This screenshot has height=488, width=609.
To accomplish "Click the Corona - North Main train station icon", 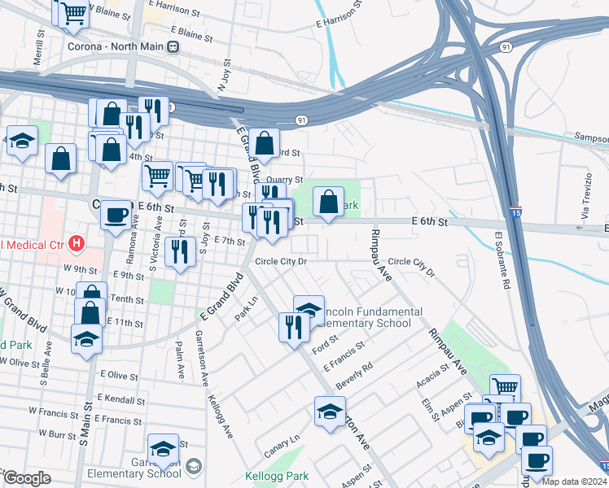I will (x=173, y=46).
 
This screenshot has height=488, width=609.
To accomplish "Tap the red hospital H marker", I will (x=77, y=242).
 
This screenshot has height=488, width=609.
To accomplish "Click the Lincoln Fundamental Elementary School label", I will (x=370, y=317).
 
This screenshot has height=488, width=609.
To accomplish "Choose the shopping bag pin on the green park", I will (x=328, y=203).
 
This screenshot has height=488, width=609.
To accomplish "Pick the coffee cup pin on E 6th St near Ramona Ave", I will (x=116, y=216).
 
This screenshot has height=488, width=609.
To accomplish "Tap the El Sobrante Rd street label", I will (x=502, y=260).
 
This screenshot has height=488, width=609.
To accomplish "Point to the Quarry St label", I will (x=284, y=180).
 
